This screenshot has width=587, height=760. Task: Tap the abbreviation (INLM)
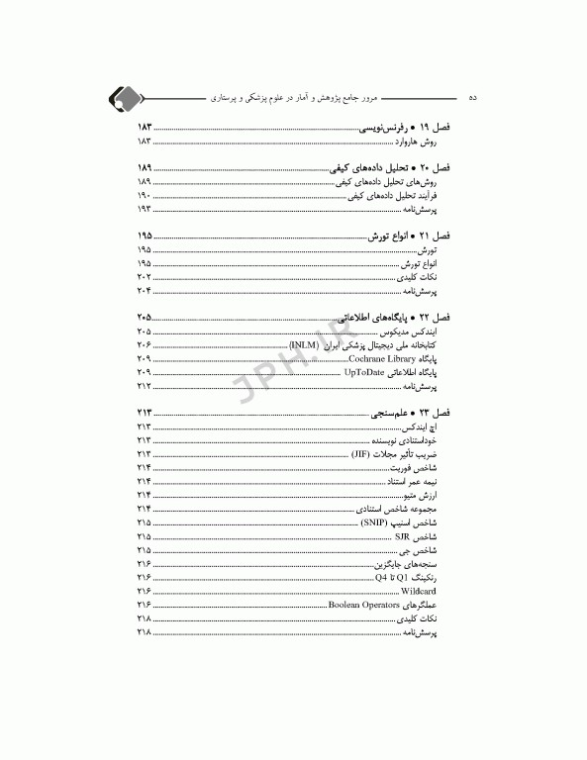[304, 343]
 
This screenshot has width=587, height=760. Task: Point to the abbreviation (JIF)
[365, 453]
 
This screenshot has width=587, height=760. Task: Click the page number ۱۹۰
[144, 197]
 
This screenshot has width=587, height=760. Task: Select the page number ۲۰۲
[144, 278]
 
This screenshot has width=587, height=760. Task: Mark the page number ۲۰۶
[144, 344]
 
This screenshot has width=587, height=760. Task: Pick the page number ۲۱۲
[144, 386]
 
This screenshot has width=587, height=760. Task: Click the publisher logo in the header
[125, 97]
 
